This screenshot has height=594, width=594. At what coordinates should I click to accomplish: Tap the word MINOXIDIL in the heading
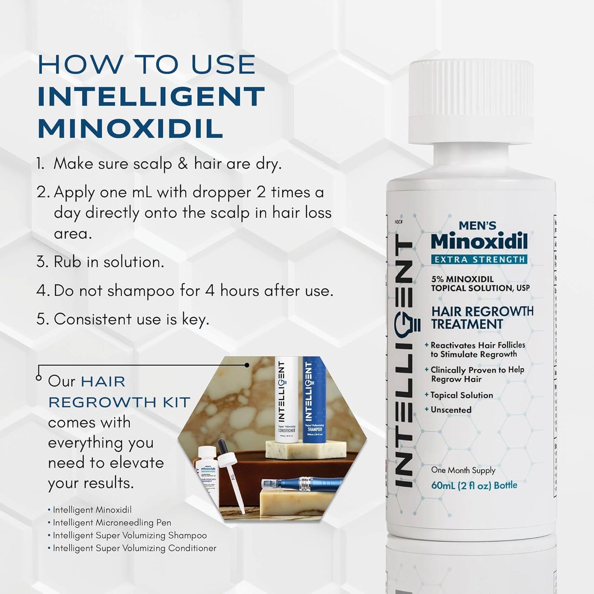coord(131,128)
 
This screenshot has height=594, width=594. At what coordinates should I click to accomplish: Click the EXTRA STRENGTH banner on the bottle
coord(479,259)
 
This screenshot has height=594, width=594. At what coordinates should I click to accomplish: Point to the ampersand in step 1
coord(183,164)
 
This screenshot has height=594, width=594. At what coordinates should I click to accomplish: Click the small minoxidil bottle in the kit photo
coord(208,477)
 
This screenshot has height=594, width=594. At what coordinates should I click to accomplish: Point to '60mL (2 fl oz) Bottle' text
coord(474,485)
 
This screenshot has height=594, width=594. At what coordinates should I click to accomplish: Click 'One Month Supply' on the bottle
coord(463,470)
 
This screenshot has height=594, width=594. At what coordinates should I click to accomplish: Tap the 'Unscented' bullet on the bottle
coord(451,410)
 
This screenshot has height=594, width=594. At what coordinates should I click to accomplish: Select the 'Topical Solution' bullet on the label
coord(461,395)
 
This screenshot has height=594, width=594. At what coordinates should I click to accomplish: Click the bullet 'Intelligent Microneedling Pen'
coord(112,522)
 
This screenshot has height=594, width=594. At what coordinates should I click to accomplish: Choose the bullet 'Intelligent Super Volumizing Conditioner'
coord(134,548)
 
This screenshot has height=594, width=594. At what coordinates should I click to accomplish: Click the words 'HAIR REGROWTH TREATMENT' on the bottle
coord(482,318)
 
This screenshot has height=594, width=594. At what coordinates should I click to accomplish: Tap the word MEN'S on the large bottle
coord(477,225)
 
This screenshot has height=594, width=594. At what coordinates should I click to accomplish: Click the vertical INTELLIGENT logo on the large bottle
coord(404,362)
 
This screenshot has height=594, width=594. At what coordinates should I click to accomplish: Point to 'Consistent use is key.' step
coord(132,319)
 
